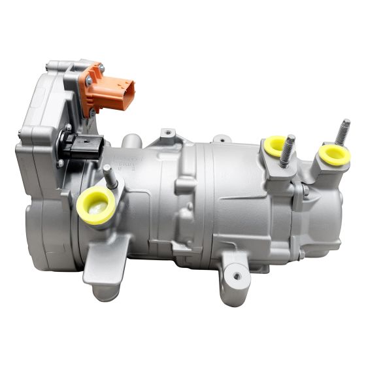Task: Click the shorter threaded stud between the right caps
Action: coord(287,152)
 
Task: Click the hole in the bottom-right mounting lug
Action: coord(236,276)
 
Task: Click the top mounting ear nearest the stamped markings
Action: coord(169,134)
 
